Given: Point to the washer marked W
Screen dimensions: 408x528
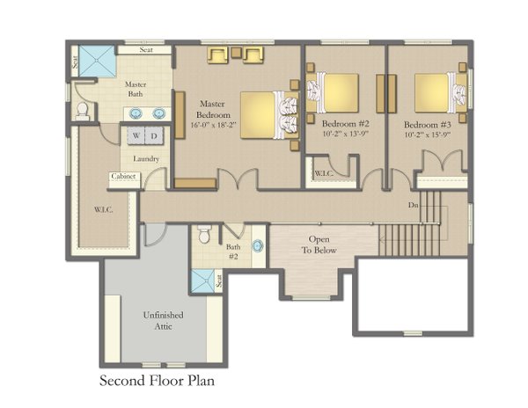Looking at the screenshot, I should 137,136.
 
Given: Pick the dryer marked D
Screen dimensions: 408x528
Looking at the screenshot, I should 154,136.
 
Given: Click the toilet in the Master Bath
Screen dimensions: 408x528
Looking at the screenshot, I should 84,110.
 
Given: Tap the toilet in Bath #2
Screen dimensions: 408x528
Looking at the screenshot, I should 205,235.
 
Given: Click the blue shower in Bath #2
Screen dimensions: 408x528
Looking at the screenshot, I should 203,280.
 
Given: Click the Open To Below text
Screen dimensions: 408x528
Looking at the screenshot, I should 319,244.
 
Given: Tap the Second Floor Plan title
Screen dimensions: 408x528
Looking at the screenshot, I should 156,381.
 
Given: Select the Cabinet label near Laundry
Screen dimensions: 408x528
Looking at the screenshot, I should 122,177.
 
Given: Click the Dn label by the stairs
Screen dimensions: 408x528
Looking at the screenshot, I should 413,205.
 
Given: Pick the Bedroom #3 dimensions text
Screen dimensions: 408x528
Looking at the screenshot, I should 428,135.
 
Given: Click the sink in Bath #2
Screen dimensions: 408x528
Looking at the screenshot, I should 258,247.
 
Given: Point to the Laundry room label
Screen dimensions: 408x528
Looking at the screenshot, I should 145,158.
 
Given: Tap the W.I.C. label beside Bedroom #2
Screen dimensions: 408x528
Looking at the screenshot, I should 322,172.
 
